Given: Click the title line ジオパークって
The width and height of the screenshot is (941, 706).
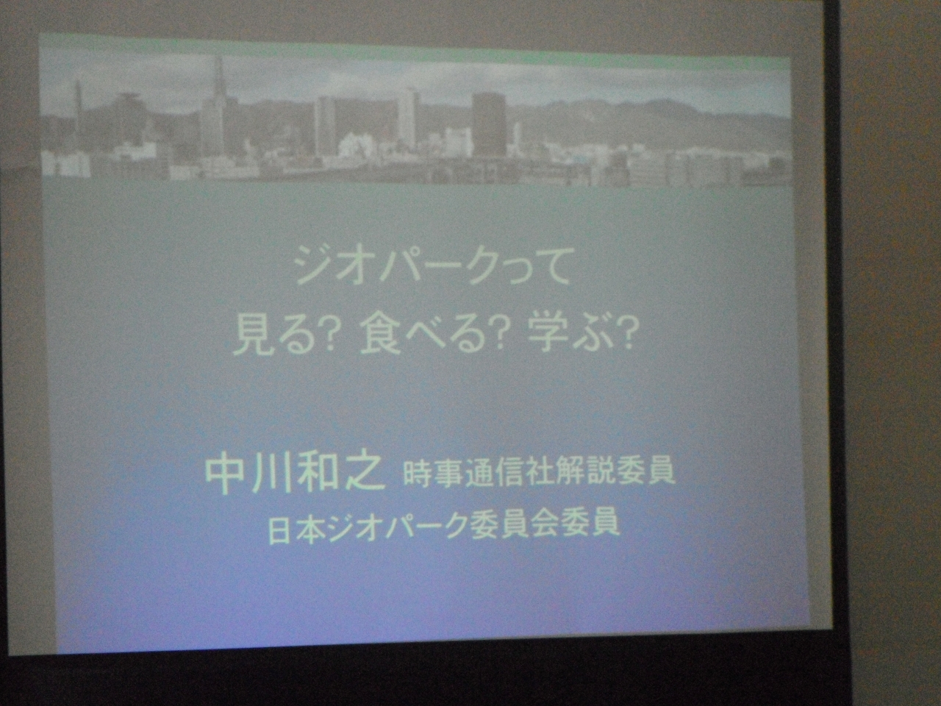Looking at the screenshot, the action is [x=432, y=273].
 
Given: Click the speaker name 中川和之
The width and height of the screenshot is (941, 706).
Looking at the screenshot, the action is [x=295, y=477].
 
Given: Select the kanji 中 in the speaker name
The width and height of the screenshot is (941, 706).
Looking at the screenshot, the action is [x=226, y=477].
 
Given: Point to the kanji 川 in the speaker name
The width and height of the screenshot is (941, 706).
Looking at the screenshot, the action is [x=270, y=477].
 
